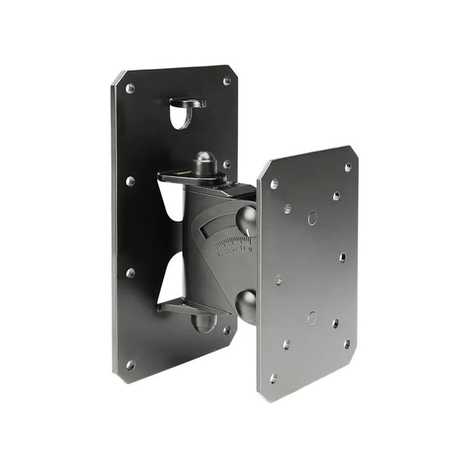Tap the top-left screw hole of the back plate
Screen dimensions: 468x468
[130, 88]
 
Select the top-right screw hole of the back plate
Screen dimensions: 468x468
[227, 80]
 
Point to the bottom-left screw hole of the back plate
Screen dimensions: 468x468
[130, 364]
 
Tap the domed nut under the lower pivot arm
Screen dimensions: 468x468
[204, 322]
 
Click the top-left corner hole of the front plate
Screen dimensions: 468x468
[274, 185]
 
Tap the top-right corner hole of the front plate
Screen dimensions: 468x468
[348, 167]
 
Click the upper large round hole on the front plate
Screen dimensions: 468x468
[312, 218]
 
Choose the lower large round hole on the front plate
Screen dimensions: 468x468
[312, 317]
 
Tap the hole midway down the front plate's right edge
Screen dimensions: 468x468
[342, 257]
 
